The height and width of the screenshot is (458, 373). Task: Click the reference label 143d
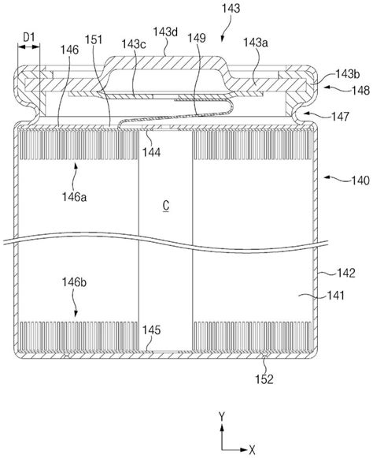165,32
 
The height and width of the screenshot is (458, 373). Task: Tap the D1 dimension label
29,37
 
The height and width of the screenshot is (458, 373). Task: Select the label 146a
74,197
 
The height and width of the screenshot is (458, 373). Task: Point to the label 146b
74,282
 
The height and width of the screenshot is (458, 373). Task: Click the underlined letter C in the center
166,206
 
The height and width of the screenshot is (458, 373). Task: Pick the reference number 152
264,379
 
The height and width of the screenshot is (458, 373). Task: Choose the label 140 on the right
360,181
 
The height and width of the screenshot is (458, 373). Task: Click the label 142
346,273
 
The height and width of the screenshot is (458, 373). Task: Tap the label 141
335,296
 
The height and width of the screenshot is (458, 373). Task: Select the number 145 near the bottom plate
151,330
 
